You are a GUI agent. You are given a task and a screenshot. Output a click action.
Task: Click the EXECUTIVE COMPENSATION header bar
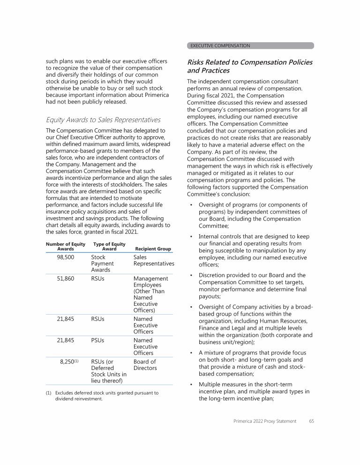(250, 45)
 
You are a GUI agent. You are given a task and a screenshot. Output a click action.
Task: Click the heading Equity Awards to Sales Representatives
(103, 119)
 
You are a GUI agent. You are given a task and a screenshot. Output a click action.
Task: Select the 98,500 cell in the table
(66, 258)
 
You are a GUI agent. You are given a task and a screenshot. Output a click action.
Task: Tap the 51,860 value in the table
(66, 279)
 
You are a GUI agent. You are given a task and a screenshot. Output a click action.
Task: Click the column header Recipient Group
(153, 249)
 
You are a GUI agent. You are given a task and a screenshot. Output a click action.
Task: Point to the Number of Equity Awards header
(66, 246)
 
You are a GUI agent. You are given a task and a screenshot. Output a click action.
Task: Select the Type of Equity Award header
(109, 246)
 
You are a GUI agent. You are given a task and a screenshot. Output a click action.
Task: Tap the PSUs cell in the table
(98, 340)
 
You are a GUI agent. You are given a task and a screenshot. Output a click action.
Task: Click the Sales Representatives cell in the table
(153, 261)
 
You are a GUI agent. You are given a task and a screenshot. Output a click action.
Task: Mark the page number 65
(312, 421)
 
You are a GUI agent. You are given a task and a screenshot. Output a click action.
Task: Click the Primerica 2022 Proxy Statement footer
(265, 421)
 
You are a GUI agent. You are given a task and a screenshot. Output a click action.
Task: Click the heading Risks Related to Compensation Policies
(249, 66)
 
